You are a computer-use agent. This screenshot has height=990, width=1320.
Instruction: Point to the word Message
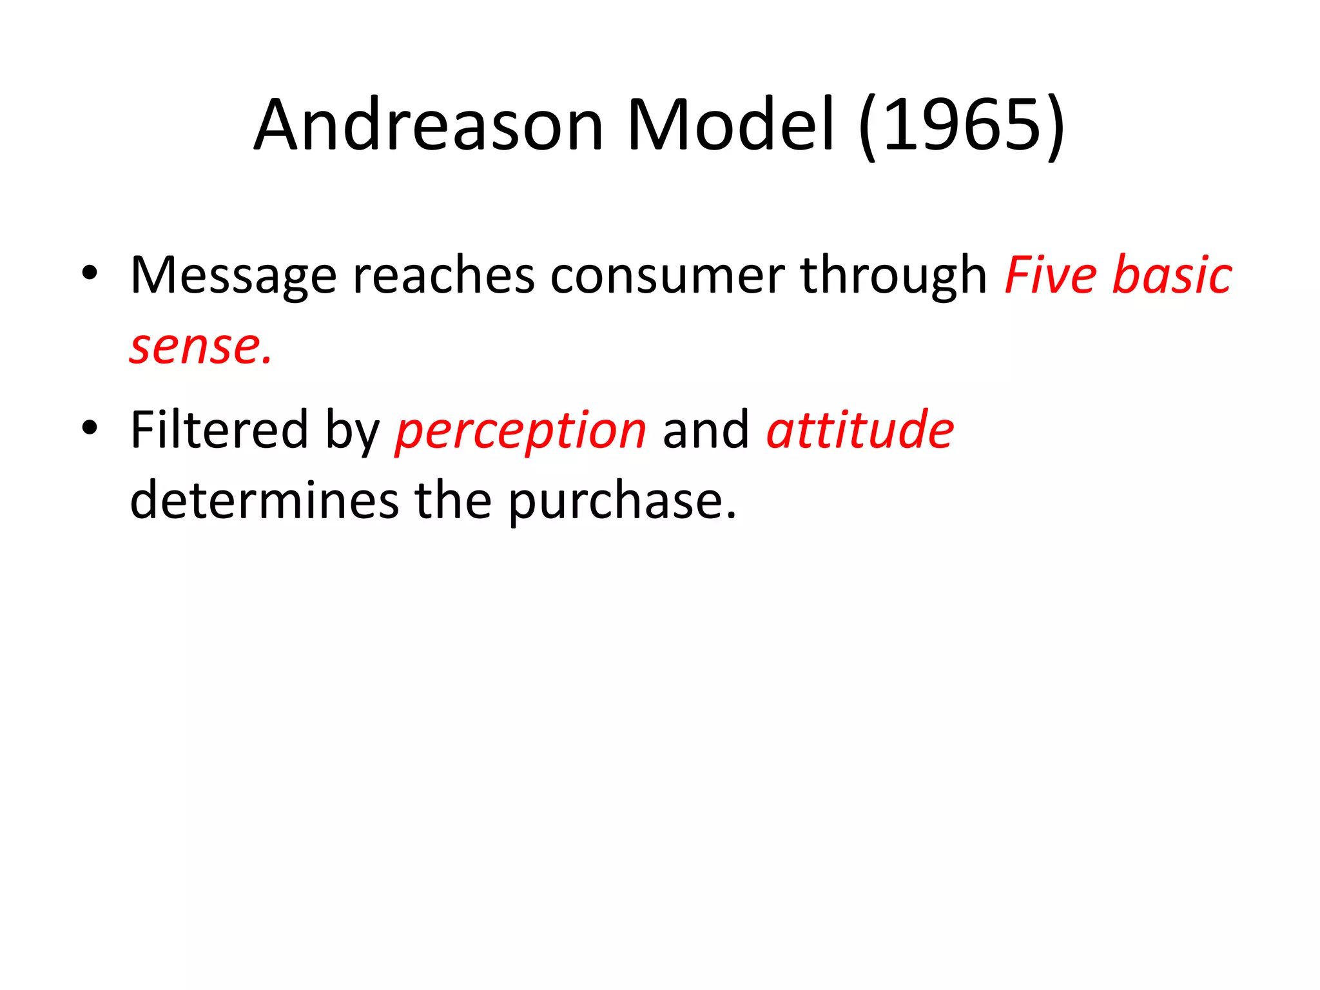click(x=233, y=276)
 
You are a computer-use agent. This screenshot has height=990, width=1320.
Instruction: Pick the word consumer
click(x=666, y=276)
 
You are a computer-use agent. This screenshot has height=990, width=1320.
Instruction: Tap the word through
click(x=893, y=276)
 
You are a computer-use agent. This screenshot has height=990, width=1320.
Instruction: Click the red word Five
click(x=1050, y=276)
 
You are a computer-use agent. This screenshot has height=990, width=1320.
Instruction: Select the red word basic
click(x=1172, y=276)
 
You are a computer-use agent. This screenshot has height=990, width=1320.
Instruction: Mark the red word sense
click(x=200, y=347)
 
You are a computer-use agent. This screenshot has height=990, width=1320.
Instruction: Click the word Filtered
click(x=219, y=430)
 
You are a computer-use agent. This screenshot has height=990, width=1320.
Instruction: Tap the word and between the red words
click(x=706, y=430)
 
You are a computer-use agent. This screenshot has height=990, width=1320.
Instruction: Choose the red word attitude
click(x=860, y=430)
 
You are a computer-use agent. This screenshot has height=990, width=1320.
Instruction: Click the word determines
click(x=264, y=501)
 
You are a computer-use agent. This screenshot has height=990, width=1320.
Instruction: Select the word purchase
click(x=621, y=502)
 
